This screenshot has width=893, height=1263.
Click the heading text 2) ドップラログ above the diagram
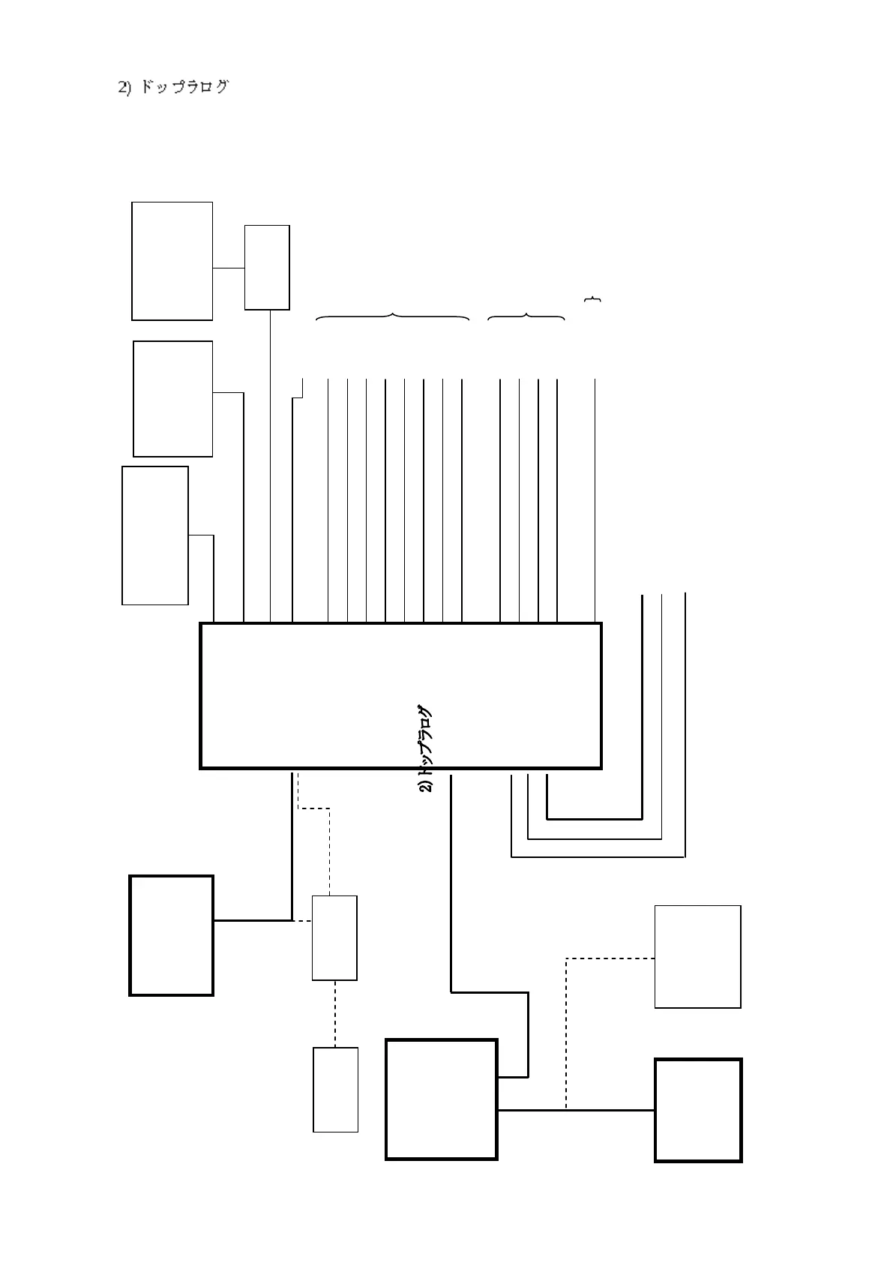click(173, 87)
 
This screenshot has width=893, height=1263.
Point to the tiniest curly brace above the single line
click(592, 300)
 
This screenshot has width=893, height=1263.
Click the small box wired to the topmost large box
click(267, 267)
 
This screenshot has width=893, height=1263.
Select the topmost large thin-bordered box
click(172, 261)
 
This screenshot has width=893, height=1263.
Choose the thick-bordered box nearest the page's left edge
click(171, 935)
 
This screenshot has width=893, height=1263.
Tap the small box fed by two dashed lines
click(334, 937)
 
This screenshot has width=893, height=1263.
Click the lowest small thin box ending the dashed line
click(335, 1089)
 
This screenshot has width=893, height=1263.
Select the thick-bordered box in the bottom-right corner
click(698, 1110)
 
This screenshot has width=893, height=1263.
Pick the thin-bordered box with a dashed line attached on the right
click(697, 956)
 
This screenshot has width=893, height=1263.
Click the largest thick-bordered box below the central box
click(441, 1099)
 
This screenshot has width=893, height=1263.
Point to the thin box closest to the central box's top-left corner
click(155, 535)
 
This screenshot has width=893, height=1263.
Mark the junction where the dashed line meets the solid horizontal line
click(565, 1109)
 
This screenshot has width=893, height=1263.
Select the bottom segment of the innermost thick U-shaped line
click(595, 819)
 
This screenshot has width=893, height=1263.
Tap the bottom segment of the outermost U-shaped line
click(598, 856)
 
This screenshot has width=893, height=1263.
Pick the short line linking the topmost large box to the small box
click(229, 268)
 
